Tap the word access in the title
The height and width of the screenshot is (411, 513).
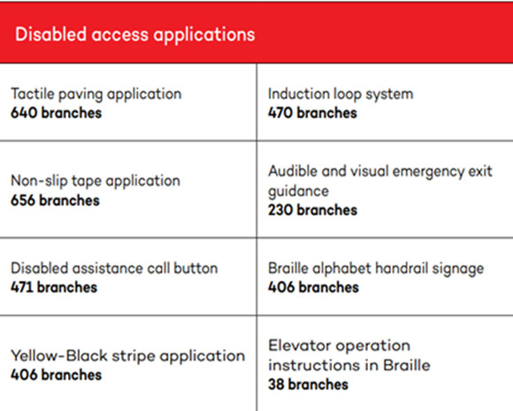(x=119, y=35)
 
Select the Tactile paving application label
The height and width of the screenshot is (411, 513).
(x=96, y=95)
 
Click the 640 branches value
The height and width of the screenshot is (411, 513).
(x=57, y=112)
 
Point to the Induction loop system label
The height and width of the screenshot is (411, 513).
(x=341, y=95)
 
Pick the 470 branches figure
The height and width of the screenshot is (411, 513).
(x=312, y=112)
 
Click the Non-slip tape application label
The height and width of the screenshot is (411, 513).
(x=96, y=182)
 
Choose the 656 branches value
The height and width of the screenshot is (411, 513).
(x=55, y=200)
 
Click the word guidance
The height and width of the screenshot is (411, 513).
(x=298, y=191)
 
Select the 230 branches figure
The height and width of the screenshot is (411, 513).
(x=312, y=210)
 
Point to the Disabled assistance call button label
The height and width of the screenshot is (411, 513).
(x=114, y=268)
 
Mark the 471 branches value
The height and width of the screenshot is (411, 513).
(x=54, y=287)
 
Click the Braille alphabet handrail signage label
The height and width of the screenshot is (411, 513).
(x=376, y=269)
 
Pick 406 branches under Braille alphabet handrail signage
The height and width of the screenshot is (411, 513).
(x=313, y=287)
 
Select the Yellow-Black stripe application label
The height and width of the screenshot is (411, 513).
(x=128, y=356)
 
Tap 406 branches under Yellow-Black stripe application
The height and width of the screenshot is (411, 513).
(x=57, y=375)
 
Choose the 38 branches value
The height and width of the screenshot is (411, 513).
(x=308, y=384)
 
